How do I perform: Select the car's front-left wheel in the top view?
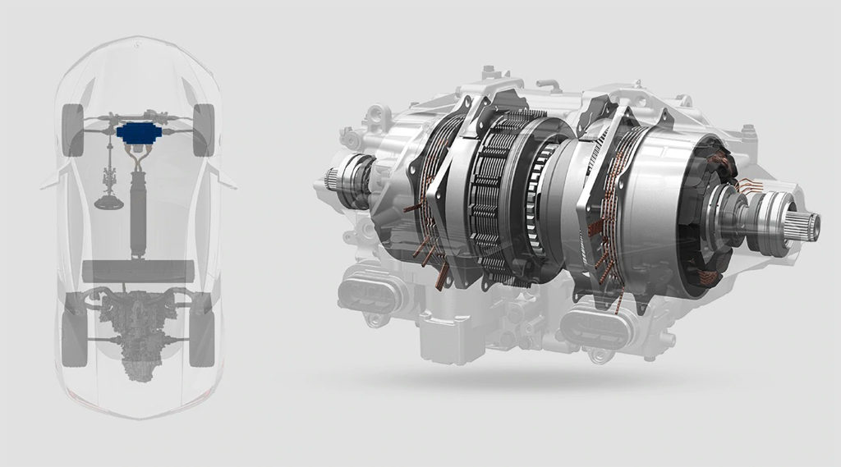coord(74,130)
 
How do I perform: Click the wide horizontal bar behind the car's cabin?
coord(138,271)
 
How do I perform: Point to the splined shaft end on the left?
coord(332,176)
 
